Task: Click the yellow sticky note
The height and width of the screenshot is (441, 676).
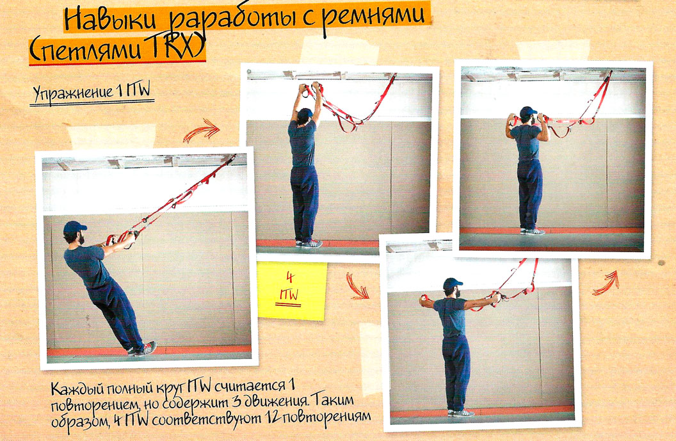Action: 292,291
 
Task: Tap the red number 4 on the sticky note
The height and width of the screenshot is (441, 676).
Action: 290,277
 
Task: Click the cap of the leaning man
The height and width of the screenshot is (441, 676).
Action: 75,227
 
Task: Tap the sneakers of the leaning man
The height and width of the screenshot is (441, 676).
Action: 143,349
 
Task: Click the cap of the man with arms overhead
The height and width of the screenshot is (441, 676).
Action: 305,113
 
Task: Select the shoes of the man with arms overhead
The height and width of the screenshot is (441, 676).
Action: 309,244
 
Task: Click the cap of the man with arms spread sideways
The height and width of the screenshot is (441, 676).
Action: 452,284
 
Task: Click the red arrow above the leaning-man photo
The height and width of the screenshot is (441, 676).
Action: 201,130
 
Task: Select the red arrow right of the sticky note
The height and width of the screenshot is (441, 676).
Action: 357,285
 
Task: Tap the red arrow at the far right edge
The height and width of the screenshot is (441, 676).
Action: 606,283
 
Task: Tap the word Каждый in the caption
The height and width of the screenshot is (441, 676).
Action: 79,389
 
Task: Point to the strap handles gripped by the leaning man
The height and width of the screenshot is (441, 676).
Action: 123,237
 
